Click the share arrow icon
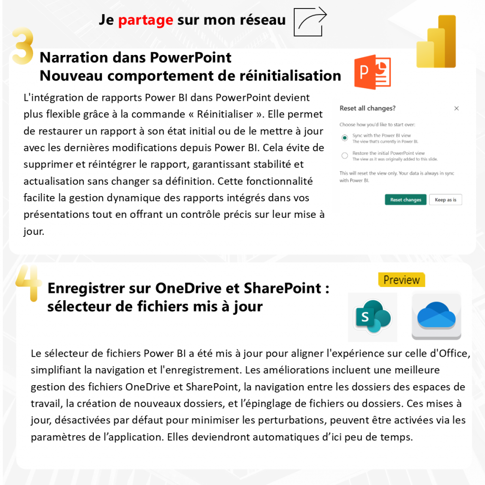point(310,21)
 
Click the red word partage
point(145,20)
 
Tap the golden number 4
point(28,283)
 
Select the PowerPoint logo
point(372,72)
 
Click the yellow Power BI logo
point(436,42)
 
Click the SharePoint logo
point(373,317)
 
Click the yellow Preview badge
point(402,280)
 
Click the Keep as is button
point(445,200)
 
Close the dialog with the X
point(457,108)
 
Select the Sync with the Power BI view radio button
point(345,138)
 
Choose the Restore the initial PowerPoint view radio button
point(345,155)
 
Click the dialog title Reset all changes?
point(367,108)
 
